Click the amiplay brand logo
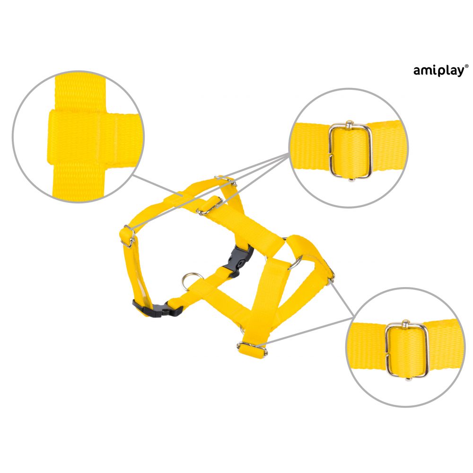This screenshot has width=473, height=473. point(441,71)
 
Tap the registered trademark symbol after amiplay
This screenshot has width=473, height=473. point(467,66)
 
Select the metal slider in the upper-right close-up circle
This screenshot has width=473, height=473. point(350,151)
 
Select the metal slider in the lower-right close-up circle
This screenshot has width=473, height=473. point(407,350)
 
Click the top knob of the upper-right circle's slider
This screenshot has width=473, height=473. point(349,123)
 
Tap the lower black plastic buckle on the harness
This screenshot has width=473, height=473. point(158,308)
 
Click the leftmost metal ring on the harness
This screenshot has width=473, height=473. point(191,280)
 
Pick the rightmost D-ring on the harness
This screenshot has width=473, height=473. point(295,263)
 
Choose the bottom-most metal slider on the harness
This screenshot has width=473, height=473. point(252,349)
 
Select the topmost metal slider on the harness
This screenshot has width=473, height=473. point(225,180)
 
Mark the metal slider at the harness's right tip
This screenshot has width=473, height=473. point(331,274)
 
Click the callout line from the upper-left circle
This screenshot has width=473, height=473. point(158,185)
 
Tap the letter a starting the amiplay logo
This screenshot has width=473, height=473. point(417,71)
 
